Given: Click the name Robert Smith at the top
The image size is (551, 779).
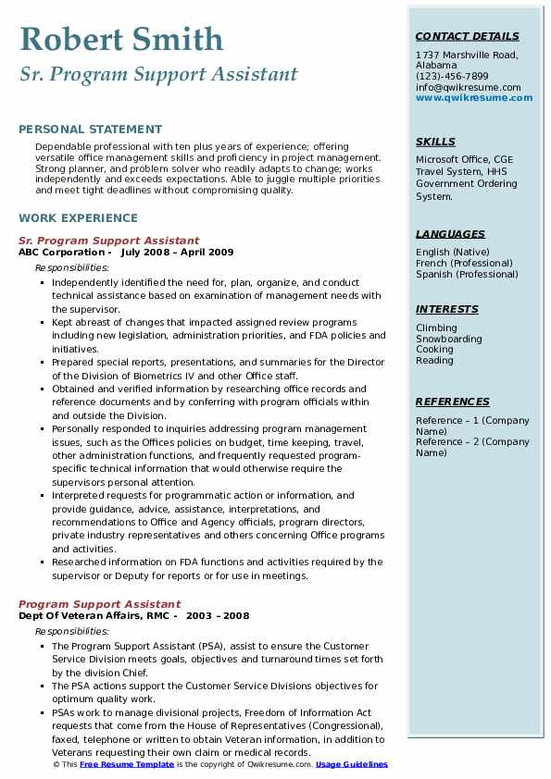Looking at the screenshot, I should point(121,39).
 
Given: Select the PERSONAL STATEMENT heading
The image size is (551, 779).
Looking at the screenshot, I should point(90,130).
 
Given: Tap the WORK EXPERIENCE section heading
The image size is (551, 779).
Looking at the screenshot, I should point(78,218).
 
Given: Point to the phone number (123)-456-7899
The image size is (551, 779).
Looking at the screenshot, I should point(452,77).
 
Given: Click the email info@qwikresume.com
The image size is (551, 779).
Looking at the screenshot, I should point(468,88).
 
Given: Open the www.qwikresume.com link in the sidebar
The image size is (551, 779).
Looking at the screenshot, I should point(468,98).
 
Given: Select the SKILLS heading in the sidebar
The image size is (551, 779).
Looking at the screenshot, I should point(435,142).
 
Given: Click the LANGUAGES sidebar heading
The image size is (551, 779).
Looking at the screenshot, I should point(450,234).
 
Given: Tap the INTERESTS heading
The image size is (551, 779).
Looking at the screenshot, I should point(447,309).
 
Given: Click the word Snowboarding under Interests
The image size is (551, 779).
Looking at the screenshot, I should point(449,339).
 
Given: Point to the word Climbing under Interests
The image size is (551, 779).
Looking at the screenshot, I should point(436,328).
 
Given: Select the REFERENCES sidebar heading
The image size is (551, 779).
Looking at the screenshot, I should point(453,402).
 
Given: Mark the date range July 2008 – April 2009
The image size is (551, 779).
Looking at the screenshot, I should point(177,253).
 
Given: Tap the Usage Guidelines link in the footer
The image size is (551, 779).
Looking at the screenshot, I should point(352,765).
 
